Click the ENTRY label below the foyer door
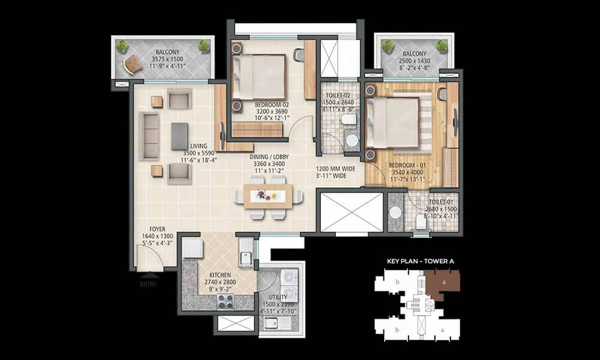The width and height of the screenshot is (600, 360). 148,284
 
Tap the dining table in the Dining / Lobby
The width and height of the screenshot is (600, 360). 268,197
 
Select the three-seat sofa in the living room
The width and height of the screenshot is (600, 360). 149,136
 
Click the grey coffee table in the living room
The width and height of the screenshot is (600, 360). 179,136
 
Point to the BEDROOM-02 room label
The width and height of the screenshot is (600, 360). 272,104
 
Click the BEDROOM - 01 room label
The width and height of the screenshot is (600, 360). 407,165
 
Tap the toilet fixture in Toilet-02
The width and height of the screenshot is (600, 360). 348,119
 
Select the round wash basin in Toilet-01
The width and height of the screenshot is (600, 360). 395,213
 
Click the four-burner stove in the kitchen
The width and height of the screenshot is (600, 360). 225,301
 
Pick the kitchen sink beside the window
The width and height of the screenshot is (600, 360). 245,252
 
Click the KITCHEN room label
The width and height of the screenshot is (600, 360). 220,275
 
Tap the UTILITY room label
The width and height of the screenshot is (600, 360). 278,297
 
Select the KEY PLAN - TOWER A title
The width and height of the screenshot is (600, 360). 421,261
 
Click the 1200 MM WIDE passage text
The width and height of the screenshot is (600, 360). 335,169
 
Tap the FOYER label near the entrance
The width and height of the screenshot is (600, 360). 157,229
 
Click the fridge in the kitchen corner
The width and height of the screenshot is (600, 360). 192,248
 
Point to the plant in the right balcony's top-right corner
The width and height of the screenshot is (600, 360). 441,46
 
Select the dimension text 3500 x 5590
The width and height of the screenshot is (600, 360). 199,153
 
